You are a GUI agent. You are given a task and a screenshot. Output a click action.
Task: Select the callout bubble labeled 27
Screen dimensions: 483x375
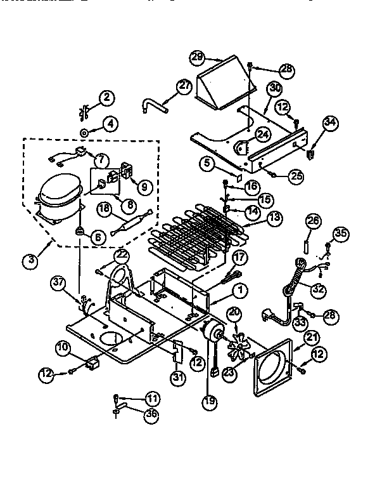[183, 87]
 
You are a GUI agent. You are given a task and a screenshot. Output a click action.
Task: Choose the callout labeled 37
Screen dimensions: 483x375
[59, 282]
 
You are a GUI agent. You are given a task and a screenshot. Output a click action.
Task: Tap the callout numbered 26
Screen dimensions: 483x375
[311, 222]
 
